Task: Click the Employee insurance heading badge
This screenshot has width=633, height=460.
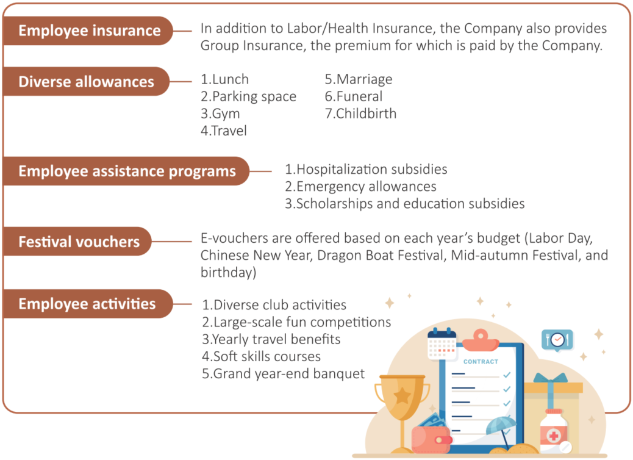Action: point(88,31)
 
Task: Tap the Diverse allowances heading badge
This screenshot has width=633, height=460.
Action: point(86,82)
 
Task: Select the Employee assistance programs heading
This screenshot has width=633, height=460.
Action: point(126,171)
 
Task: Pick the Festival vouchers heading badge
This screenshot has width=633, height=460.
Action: point(77,242)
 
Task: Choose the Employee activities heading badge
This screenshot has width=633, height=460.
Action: point(88,304)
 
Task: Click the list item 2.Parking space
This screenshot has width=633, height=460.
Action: point(248,96)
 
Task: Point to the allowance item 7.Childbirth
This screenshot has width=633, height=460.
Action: point(360,113)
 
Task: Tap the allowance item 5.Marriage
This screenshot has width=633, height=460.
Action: point(359,79)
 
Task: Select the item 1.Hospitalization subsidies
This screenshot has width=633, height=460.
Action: point(366,169)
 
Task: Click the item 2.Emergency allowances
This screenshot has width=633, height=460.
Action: point(360,187)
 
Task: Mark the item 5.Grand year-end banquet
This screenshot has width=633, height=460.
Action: point(284,374)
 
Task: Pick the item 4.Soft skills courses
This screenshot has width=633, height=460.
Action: point(261,357)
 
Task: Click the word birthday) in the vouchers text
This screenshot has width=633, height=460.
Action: point(229,273)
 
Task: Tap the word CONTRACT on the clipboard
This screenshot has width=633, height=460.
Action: point(481,361)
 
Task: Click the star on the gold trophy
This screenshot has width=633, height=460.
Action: point(402,396)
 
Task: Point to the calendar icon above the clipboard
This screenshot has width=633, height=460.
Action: point(442,343)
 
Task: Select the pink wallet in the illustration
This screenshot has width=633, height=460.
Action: point(431,439)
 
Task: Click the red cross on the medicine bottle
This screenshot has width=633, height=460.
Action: point(554,436)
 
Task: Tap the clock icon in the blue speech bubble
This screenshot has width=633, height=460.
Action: point(557,339)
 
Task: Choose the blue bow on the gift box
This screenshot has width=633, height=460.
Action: point(550,378)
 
